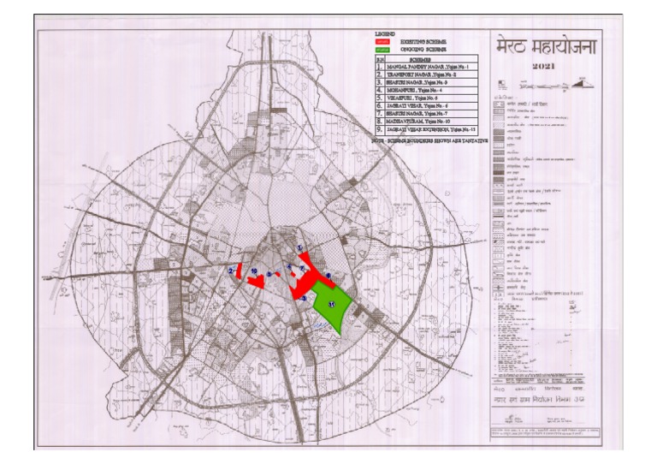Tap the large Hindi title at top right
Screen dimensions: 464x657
(543, 45)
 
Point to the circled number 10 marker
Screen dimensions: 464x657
(254, 271)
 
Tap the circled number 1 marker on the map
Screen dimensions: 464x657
(300, 248)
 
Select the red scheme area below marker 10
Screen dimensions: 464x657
(255, 282)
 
